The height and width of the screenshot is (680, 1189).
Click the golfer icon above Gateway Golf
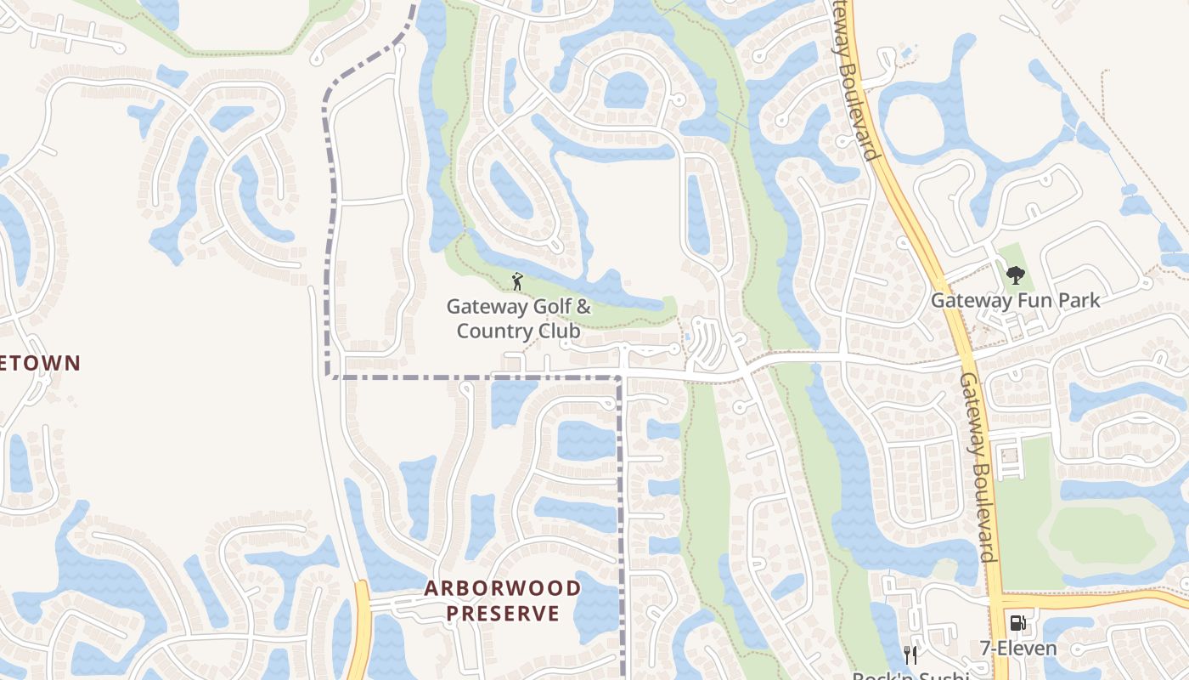[x=517, y=280]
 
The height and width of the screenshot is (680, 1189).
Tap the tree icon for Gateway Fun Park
[x=1015, y=275]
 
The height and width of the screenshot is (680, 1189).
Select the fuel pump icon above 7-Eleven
[x=1017, y=624]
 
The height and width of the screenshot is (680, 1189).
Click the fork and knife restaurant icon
[x=910, y=654]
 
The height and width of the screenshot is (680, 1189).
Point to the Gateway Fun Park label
[x=1015, y=300]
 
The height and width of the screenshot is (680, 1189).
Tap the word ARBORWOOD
[x=503, y=588]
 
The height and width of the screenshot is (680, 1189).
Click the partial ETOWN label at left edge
[x=40, y=363]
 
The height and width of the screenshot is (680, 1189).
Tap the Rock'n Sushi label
[x=910, y=677]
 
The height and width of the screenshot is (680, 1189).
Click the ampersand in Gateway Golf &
[x=583, y=306]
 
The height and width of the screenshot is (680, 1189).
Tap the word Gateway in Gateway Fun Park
[x=971, y=300]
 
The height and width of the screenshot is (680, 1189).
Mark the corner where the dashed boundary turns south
[x=621, y=377]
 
